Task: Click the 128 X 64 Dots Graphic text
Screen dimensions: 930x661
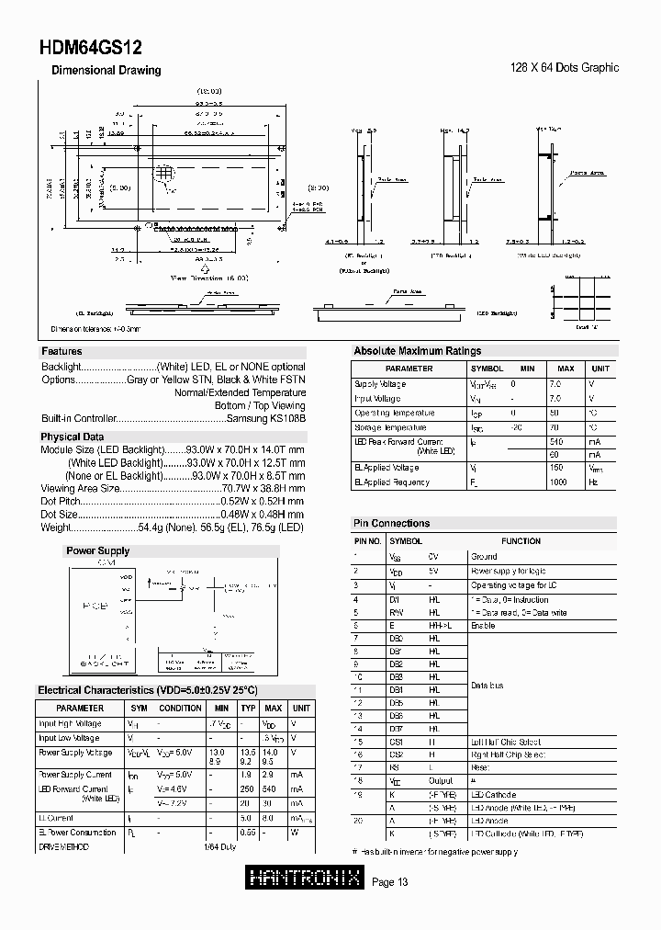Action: [x=564, y=68]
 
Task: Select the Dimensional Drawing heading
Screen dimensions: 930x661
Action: [x=106, y=70]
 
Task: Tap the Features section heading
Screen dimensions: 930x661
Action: [x=62, y=351]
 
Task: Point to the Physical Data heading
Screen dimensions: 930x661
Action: [x=72, y=437]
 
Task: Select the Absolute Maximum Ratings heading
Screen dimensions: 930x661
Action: [x=417, y=351]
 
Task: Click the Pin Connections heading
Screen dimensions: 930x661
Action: [x=391, y=523]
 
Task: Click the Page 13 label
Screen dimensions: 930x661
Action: [x=391, y=883]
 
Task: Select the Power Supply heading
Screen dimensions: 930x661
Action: [x=96, y=550]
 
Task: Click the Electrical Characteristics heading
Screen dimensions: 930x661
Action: [x=147, y=690]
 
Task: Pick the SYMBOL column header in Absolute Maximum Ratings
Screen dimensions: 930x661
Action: [x=487, y=369]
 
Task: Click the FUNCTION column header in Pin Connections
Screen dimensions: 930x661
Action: [x=546, y=541]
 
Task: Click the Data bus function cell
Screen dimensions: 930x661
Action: [x=487, y=686]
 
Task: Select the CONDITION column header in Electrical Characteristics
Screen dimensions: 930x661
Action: [x=180, y=709]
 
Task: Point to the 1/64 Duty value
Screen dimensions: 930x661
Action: [x=220, y=846]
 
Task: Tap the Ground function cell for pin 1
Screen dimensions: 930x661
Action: [x=484, y=556]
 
